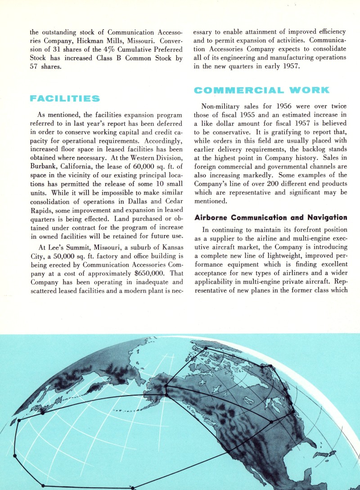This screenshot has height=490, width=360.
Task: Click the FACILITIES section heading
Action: (x=64, y=98)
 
